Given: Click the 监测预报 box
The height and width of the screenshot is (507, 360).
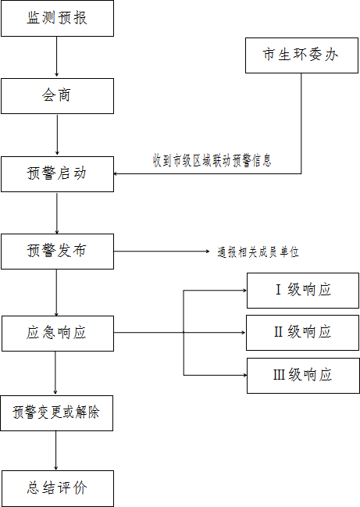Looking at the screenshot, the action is pyautogui.click(x=57, y=18).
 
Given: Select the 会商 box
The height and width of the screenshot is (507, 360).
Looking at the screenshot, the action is pyautogui.click(x=57, y=96).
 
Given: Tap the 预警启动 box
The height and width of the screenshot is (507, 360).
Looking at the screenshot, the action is pyautogui.click(x=57, y=174).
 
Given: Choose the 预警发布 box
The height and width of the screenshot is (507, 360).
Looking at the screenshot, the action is pyautogui.click(x=57, y=252).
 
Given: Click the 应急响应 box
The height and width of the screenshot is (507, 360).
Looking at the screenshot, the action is pyautogui.click(x=58, y=334).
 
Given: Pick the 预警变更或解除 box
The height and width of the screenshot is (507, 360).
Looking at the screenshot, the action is pyautogui.click(x=56, y=413).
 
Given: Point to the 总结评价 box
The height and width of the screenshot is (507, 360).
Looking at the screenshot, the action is pyautogui.click(x=58, y=488).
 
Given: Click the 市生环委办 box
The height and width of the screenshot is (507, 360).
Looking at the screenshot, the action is pyautogui.click(x=301, y=55).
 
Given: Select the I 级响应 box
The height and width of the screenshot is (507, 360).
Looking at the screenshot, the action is pyautogui.click(x=303, y=291).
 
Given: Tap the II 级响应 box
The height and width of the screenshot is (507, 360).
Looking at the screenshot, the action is pyautogui.click(x=302, y=333).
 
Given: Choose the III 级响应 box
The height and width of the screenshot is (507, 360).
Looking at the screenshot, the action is pyautogui.click(x=303, y=376).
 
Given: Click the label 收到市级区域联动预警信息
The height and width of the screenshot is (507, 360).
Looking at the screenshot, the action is pyautogui.click(x=212, y=161).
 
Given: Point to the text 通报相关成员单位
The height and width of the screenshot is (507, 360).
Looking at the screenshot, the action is pyautogui.click(x=258, y=252).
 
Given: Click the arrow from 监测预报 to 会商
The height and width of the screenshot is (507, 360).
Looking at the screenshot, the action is pyautogui.click(x=56, y=56).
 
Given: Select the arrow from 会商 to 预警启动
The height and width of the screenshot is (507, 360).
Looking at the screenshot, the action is pyautogui.click(x=57, y=134).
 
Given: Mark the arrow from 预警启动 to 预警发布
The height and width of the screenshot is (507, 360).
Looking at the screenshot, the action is pyautogui.click(x=57, y=213).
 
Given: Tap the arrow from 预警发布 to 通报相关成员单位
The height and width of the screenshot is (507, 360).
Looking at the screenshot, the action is pyautogui.click(x=162, y=252).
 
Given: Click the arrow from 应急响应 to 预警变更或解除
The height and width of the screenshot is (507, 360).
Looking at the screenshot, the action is pyautogui.click(x=55, y=373).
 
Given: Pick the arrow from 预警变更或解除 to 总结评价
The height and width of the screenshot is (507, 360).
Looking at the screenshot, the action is pyautogui.click(x=56, y=450).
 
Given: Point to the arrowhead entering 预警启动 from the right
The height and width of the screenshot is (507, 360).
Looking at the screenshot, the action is pyautogui.click(x=116, y=173).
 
